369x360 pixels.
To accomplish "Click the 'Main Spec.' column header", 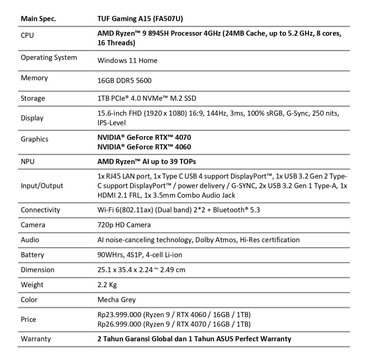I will pos(38,19).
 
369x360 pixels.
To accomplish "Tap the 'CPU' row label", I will pos(27,36).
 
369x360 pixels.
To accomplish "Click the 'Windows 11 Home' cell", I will pos(127,60).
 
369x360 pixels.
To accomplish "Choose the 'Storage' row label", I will pos(33,98).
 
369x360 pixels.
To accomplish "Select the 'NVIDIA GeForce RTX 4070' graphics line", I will pos(144,137).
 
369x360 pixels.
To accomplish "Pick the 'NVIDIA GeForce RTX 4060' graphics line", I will pos(144,147).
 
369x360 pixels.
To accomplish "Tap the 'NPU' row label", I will pos(28,162).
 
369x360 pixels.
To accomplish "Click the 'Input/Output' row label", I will pos(42,186).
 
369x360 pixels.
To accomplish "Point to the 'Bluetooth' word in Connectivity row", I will pos(228,210).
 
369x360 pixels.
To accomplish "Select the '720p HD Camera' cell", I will pos(124,225).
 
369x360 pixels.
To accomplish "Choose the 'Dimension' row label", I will pos(37,270).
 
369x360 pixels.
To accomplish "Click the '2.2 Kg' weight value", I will pos(107,285).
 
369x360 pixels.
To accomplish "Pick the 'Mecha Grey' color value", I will pos(116,300).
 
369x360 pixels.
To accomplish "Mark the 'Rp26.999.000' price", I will pos(119,324).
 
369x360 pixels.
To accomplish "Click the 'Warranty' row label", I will pos(36,339).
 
